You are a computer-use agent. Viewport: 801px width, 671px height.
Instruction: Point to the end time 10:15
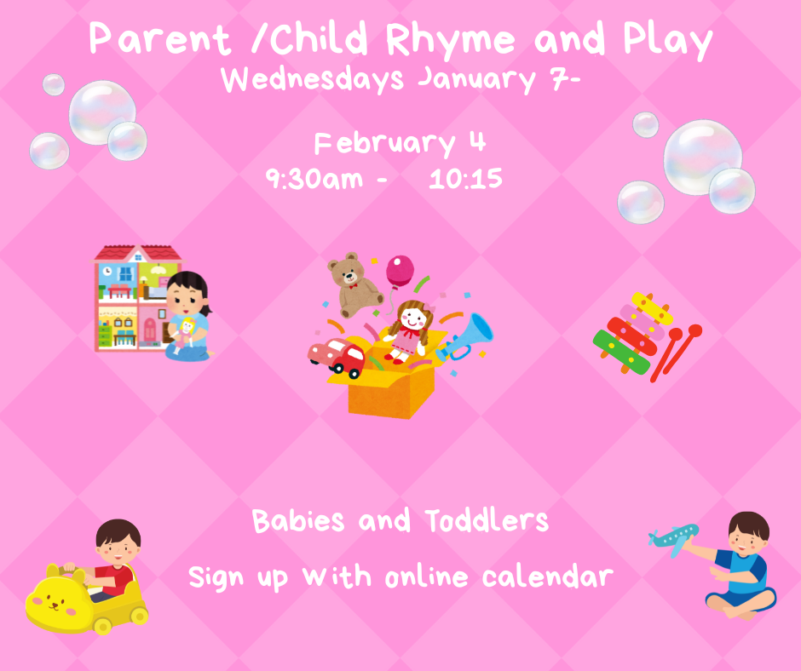click(x=465, y=180)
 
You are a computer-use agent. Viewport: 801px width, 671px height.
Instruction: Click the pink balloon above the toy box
click(x=400, y=272)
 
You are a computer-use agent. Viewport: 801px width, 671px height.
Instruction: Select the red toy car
click(x=337, y=357)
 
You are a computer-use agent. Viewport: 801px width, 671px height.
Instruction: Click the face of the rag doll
click(x=412, y=320)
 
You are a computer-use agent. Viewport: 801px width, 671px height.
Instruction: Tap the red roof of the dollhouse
click(x=136, y=253)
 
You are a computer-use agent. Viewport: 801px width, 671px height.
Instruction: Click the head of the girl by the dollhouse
click(x=187, y=294)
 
